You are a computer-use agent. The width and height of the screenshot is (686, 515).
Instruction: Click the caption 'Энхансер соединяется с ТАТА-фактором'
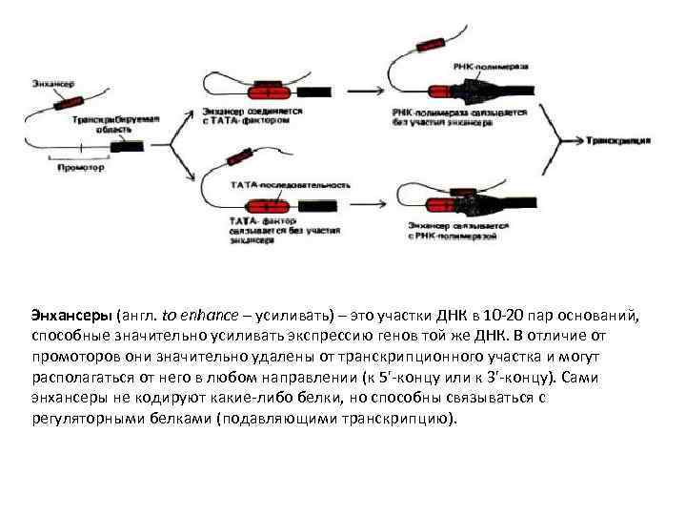click(252, 114)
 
